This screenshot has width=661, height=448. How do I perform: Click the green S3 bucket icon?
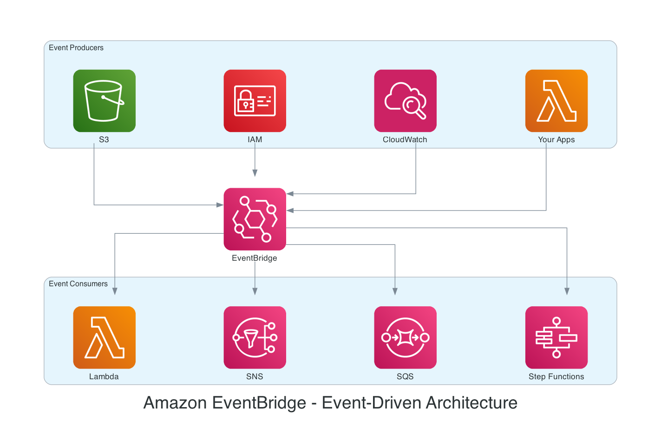pyautogui.click(x=104, y=101)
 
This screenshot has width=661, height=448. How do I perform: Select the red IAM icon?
pyautogui.click(x=255, y=101)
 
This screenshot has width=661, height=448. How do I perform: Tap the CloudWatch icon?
pyautogui.click(x=405, y=101)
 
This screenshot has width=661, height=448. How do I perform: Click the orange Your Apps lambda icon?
pyautogui.click(x=556, y=101)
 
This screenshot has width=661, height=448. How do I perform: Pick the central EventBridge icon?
pyautogui.click(x=255, y=219)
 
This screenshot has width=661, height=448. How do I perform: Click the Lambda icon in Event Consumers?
pyautogui.click(x=104, y=337)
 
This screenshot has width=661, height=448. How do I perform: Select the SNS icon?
pyautogui.click(x=255, y=337)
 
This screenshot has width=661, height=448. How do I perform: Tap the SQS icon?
pyautogui.click(x=405, y=337)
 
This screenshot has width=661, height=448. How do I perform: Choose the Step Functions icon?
pyautogui.click(x=556, y=337)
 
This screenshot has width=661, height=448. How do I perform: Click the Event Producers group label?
pyautogui.click(x=76, y=48)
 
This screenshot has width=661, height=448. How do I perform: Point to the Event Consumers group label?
pyautogui.click(x=78, y=284)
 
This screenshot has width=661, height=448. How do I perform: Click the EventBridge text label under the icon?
pyautogui.click(x=255, y=258)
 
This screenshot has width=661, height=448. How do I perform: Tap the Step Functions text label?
pyautogui.click(x=556, y=377)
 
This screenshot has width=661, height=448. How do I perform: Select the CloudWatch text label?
pyautogui.click(x=405, y=140)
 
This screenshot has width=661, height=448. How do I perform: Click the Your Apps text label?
pyautogui.click(x=556, y=140)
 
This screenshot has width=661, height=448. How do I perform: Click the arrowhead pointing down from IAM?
pyautogui.click(x=255, y=173)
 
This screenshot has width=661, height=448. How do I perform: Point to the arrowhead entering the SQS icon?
pyautogui.click(x=395, y=291)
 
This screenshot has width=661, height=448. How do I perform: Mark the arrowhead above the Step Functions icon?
pyautogui.click(x=567, y=291)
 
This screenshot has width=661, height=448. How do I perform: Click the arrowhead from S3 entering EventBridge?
pyautogui.click(x=220, y=205)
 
